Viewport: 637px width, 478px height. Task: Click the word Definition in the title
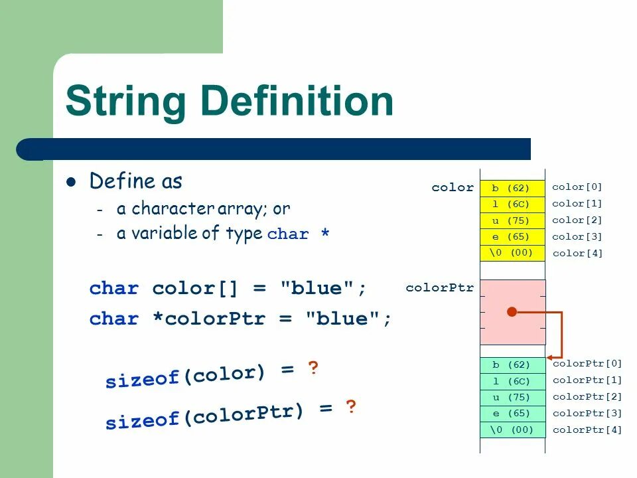point(297,102)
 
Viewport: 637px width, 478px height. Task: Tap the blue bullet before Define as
point(73,182)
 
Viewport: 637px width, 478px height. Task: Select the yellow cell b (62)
point(511,188)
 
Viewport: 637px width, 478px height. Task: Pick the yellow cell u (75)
point(511,220)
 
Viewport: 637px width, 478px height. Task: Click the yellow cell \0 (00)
point(511,253)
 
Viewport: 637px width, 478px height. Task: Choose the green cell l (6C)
point(511,381)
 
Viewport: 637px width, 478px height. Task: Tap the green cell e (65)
point(511,414)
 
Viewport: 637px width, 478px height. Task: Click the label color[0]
point(577,187)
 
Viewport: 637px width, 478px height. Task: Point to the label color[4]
point(577,253)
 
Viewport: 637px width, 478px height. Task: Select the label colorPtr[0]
point(587,363)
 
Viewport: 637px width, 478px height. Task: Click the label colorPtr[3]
point(587,413)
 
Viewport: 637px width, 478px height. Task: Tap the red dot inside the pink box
point(512,311)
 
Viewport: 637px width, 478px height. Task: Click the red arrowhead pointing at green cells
point(551,357)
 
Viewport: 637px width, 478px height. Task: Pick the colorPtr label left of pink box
point(440,288)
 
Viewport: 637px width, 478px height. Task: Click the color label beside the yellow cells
point(453,188)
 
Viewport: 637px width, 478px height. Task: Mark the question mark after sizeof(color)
point(313,368)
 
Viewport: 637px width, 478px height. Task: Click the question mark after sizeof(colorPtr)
point(351,407)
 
